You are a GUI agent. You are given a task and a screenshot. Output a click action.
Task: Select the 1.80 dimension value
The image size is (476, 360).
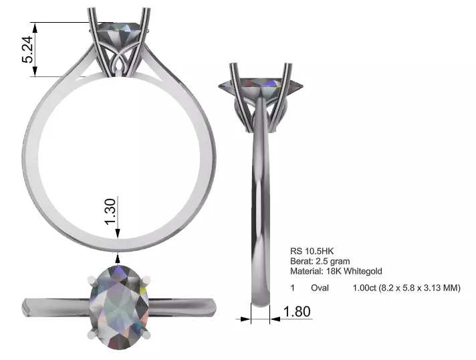[297, 311]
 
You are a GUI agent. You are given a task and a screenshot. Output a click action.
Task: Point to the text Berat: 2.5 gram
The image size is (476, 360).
[320, 261]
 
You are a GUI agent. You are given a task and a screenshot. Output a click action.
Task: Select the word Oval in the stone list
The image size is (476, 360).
[320, 288]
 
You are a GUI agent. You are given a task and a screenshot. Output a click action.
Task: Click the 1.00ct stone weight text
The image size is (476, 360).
[365, 288]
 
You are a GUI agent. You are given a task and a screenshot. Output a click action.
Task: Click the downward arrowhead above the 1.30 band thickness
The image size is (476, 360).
[118, 233]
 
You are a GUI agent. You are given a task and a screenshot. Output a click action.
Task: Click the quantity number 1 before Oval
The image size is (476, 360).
[292, 288]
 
